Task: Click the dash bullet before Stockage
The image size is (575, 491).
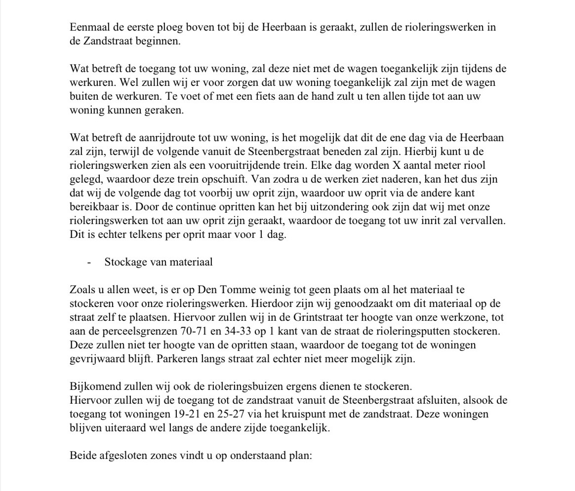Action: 89,262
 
